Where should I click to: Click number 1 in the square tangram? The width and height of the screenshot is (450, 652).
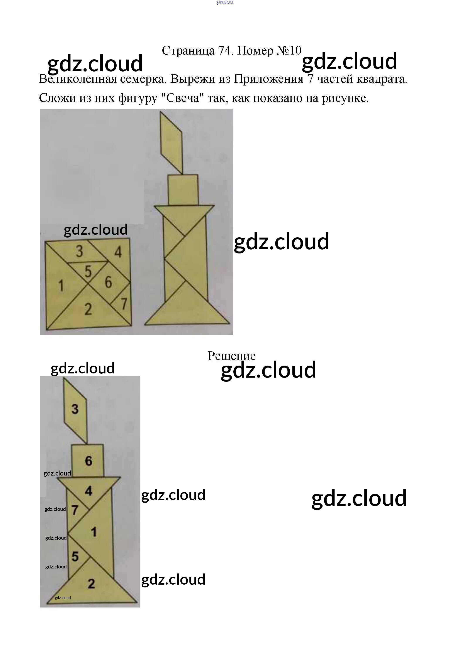61,286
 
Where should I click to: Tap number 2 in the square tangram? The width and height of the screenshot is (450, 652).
88,309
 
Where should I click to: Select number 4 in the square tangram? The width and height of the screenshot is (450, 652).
118,252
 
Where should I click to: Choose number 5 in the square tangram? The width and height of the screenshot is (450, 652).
88,272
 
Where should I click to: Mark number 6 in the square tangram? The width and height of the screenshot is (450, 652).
108,282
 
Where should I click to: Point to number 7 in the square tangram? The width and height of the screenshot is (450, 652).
124,304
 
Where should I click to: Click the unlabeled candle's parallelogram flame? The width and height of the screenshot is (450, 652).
171,142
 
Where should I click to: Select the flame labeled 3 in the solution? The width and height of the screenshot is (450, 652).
75,409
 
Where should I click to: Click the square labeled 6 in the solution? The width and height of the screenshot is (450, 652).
88,461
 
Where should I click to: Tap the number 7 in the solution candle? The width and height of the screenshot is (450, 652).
75,510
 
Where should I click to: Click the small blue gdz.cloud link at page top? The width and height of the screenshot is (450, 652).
225,3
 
